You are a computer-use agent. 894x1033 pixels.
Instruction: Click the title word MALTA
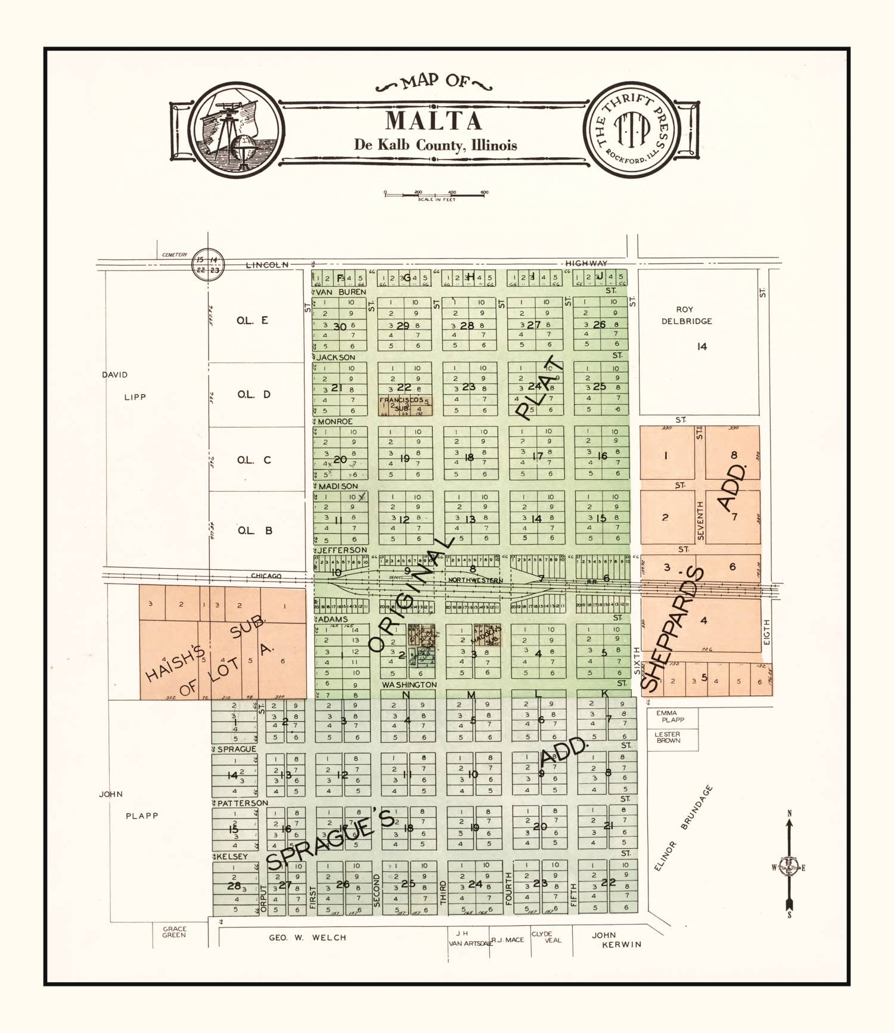433,121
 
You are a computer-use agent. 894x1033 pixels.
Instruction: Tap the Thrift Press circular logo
632,129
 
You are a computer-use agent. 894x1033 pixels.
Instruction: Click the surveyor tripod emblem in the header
236,129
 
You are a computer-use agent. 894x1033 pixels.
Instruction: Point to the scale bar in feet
435,194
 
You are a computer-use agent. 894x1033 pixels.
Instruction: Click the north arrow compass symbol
789,867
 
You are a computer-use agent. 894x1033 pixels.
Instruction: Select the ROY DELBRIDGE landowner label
685,315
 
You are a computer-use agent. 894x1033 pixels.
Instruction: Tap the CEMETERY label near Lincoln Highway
174,255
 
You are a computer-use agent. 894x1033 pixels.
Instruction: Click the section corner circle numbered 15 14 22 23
208,265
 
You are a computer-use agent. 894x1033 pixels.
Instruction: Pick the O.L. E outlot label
252,321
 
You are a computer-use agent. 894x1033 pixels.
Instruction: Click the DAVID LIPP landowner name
124,386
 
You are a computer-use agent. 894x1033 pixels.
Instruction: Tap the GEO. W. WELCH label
307,938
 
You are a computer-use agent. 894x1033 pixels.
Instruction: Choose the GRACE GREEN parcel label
174,932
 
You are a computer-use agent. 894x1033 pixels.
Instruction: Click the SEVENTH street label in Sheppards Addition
700,521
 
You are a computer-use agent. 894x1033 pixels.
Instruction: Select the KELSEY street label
232,857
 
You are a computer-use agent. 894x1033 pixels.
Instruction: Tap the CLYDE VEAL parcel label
546,937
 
